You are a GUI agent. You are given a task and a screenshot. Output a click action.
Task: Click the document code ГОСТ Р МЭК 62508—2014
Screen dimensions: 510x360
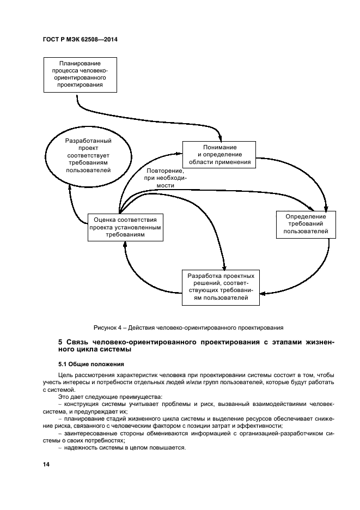pyautogui.click(x=80, y=39)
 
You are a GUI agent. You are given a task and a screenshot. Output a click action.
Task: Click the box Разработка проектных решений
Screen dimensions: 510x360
pyautogui.click(x=221, y=287)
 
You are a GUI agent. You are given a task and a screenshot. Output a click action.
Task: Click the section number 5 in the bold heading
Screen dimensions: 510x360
pyautogui.click(x=60, y=342)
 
